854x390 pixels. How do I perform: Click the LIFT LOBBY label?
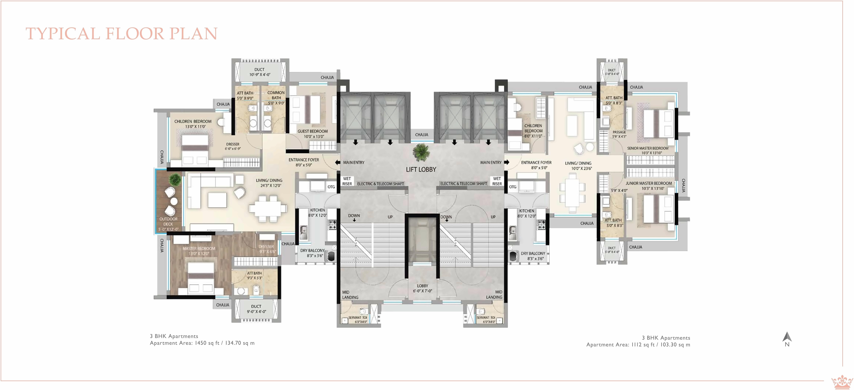tap(421, 169)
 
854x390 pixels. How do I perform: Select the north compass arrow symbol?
tap(787, 337)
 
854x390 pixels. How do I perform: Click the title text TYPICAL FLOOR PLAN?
tap(121, 34)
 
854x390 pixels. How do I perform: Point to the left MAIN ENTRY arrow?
tap(337, 162)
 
